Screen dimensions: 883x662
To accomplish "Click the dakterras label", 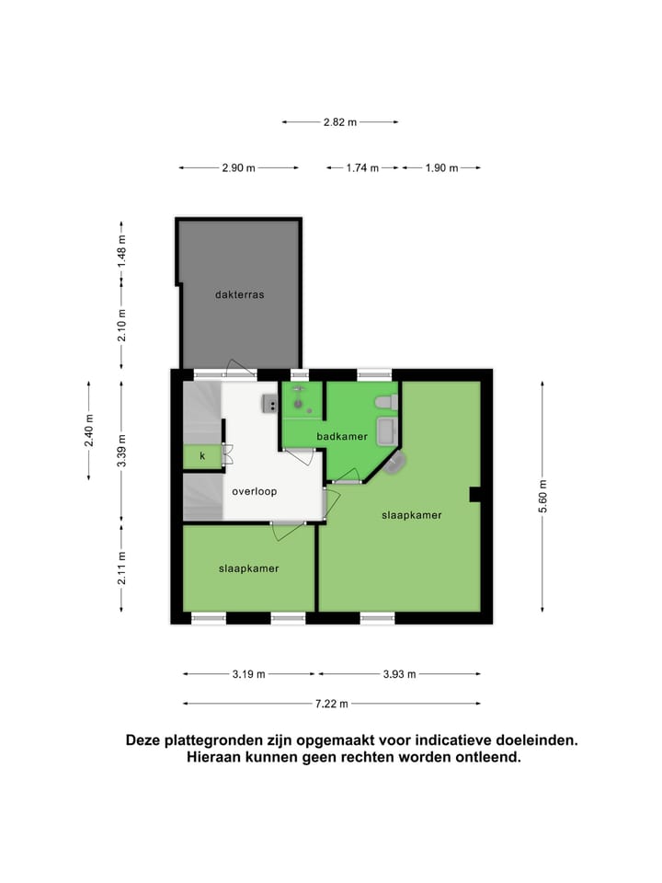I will [x=239, y=295].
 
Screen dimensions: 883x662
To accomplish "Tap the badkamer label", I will [x=342, y=436].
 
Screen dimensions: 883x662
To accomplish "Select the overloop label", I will [x=254, y=491].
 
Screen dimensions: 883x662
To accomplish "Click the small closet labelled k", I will [x=202, y=455].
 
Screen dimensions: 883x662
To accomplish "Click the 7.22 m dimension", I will [x=331, y=704].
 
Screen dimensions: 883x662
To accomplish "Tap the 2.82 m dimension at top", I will [x=339, y=121].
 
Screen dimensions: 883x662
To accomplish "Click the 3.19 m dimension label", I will [x=248, y=674].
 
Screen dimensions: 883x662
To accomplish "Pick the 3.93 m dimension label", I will [x=398, y=674].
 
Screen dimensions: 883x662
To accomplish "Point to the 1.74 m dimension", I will [x=361, y=168].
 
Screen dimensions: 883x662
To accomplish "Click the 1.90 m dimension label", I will [x=441, y=168].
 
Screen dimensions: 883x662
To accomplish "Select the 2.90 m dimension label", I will [x=238, y=168].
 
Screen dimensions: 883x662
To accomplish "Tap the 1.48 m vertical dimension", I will [x=122, y=252].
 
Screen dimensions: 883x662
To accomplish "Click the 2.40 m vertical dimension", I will [x=89, y=430].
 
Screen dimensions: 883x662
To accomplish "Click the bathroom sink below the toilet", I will [x=386, y=430].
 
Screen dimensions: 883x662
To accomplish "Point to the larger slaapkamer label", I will [x=411, y=515].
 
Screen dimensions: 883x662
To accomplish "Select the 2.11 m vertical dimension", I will [x=122, y=568].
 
